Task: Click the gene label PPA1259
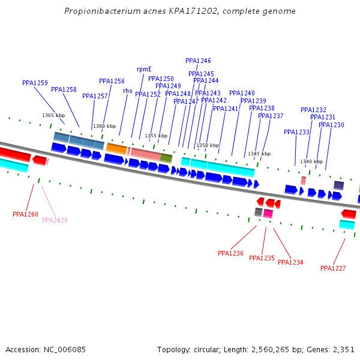click(x=35, y=83)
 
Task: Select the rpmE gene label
click(x=144, y=69)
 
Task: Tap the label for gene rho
click(x=127, y=91)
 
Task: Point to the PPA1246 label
click(x=198, y=61)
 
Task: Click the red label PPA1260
click(x=25, y=214)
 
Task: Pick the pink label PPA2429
click(x=55, y=220)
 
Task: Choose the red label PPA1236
click(x=230, y=253)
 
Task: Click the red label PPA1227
click(x=333, y=268)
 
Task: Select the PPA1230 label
click(x=331, y=125)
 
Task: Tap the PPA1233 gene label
click(x=296, y=132)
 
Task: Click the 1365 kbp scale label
click(x=53, y=115)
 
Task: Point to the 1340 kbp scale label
click(x=311, y=161)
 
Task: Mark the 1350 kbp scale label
click(x=208, y=145)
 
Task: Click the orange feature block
click(x=116, y=148)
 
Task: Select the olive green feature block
click(x=166, y=158)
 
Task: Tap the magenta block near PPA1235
click(x=268, y=213)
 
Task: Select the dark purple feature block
click(x=338, y=185)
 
